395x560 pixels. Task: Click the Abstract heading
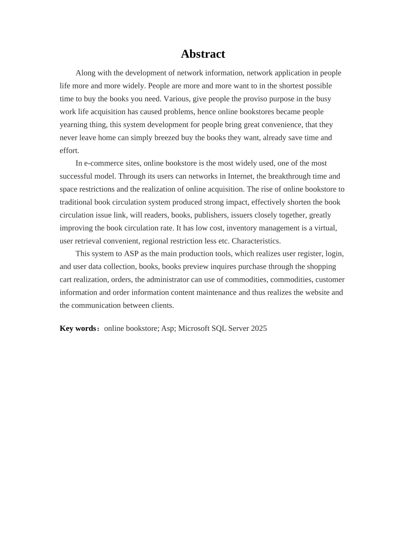click(203, 54)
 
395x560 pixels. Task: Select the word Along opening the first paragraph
click(85, 73)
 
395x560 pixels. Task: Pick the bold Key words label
click(78, 328)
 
